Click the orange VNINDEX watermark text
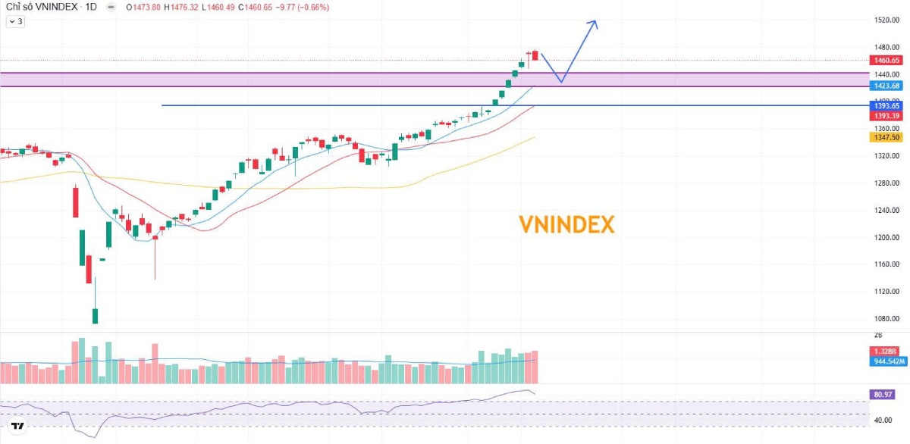566,224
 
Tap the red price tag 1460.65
886,61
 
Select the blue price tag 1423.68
886,86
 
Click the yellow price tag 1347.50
886,137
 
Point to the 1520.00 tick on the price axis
886,20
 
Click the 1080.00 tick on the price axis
886,319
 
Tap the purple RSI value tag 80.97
882,395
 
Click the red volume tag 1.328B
885,352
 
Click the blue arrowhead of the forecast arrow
594,23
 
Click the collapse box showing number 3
15,22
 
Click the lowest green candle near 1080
96,315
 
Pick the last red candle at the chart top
535,55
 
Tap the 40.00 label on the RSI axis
883,419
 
